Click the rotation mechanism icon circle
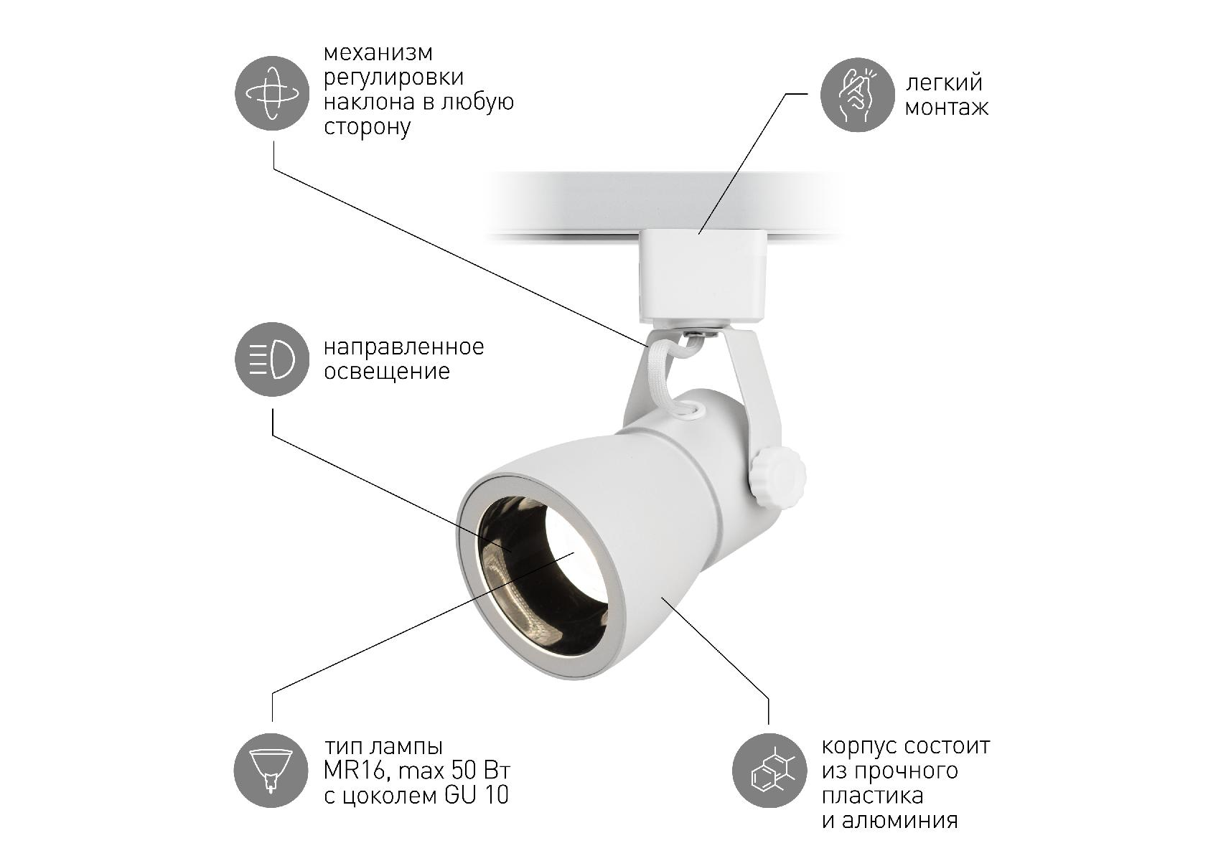click(x=272, y=93)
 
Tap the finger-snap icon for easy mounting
click(x=857, y=95)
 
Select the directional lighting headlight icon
click(x=272, y=359)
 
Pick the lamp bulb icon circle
click(x=271, y=771)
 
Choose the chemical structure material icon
click(x=769, y=771)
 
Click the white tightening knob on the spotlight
click(x=778, y=475)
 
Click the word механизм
click(x=378, y=52)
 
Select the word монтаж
click(x=946, y=108)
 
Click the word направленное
click(x=404, y=348)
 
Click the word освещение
click(x=387, y=372)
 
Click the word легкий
click(x=944, y=83)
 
